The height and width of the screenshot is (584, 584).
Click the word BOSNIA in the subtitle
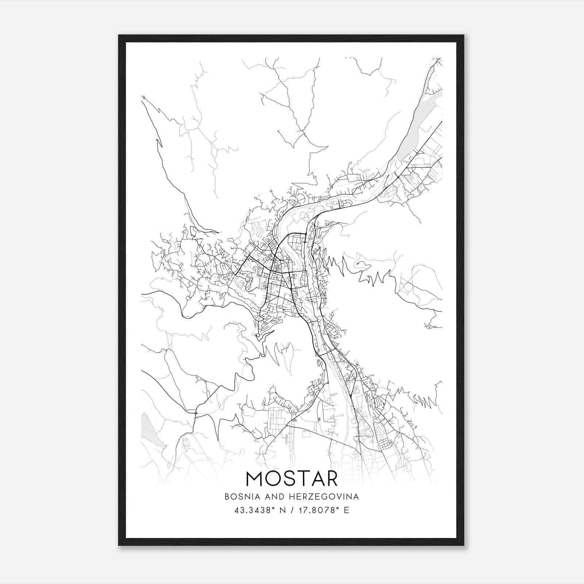click(x=239, y=497)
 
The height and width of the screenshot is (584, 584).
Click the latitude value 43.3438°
click(x=254, y=510)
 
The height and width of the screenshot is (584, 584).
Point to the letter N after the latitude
click(x=282, y=510)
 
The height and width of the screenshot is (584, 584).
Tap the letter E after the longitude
click(x=346, y=510)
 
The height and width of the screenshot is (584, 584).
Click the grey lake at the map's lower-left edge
click(x=147, y=426)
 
